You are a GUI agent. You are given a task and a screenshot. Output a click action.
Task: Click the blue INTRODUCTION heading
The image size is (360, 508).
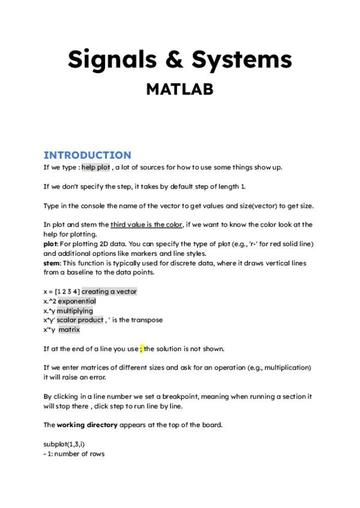pyautogui.click(x=87, y=155)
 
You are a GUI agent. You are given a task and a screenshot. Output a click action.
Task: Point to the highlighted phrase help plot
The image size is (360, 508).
pyautogui.click(x=95, y=167)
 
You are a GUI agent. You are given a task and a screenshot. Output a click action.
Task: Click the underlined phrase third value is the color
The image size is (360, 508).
pyautogui.click(x=146, y=225)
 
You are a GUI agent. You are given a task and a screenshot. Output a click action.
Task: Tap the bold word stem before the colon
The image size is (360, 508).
pyautogui.click(x=51, y=263)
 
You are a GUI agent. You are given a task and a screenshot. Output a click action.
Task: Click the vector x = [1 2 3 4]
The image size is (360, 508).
pyautogui.click(x=62, y=292)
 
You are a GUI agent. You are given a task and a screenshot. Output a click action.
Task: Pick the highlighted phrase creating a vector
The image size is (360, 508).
pyautogui.click(x=109, y=292)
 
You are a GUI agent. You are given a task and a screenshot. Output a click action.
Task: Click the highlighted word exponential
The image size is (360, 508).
pyautogui.click(x=77, y=301)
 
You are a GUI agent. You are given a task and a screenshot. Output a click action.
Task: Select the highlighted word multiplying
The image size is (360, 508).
pyautogui.click(x=75, y=311)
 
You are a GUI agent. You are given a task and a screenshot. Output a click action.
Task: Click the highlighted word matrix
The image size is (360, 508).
pyautogui.click(x=69, y=329)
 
